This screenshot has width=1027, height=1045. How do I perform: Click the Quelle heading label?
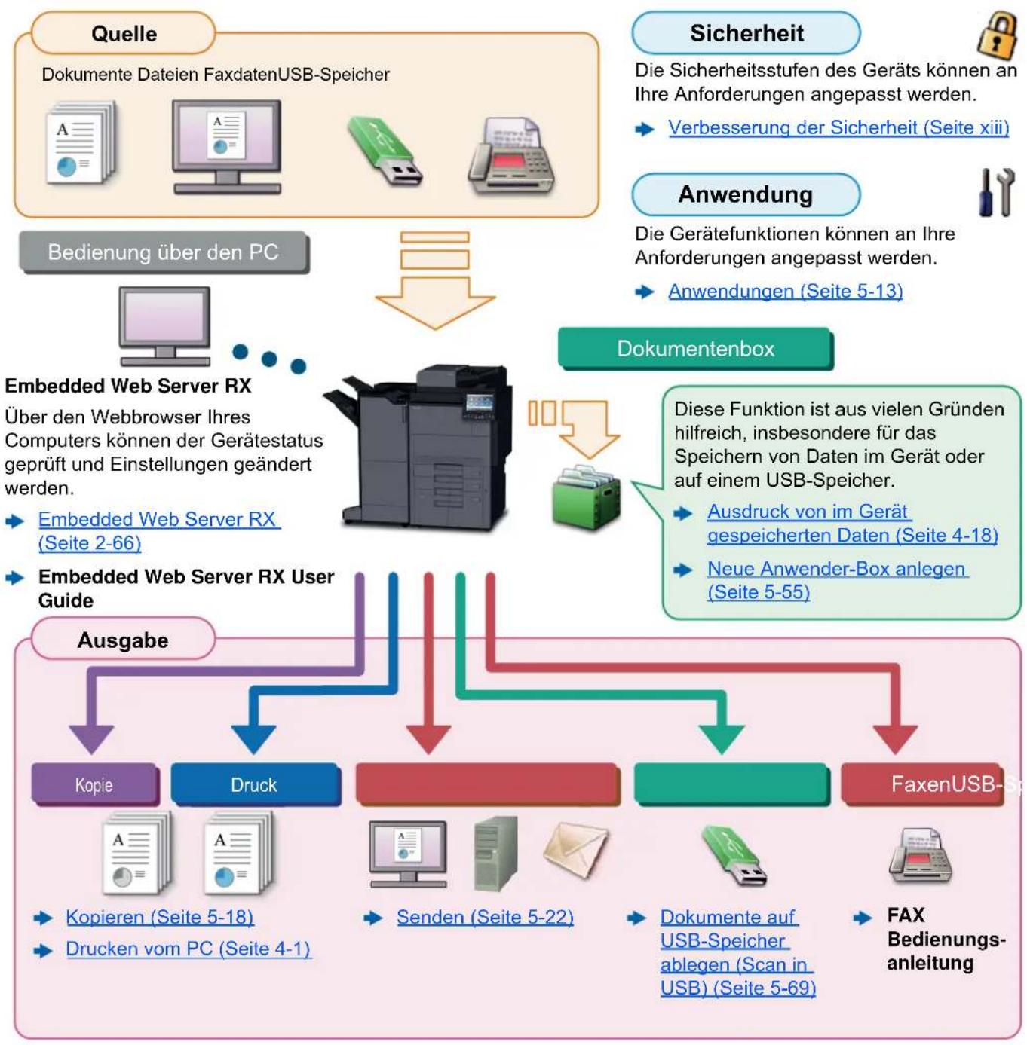(124, 34)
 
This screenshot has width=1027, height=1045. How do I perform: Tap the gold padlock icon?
(997, 36)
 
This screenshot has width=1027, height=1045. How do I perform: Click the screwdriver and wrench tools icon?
(996, 192)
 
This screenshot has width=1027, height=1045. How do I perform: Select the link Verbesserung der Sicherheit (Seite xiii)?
(838, 127)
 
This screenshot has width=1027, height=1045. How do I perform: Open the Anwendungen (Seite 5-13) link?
(785, 292)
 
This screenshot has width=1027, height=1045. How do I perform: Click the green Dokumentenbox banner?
(695, 349)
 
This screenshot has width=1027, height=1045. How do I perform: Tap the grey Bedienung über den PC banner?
(164, 252)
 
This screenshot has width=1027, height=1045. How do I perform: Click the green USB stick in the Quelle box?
(385, 151)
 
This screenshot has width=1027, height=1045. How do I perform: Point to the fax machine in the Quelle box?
(511, 156)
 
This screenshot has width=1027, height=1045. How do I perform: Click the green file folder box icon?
(586, 497)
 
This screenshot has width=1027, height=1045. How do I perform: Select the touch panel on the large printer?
(480, 405)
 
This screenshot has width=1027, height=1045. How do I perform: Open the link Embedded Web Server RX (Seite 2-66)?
(159, 531)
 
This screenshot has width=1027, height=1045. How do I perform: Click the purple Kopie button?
(94, 785)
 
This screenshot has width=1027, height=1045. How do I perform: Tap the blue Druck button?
(254, 785)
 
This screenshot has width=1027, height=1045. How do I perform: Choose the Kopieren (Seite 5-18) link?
(160, 917)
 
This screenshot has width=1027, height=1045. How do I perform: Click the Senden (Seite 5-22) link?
(485, 917)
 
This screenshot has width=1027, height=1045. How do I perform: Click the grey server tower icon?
(495, 854)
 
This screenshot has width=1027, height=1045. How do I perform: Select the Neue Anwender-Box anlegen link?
(838, 580)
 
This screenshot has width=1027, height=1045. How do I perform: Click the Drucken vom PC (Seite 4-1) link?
(189, 949)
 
